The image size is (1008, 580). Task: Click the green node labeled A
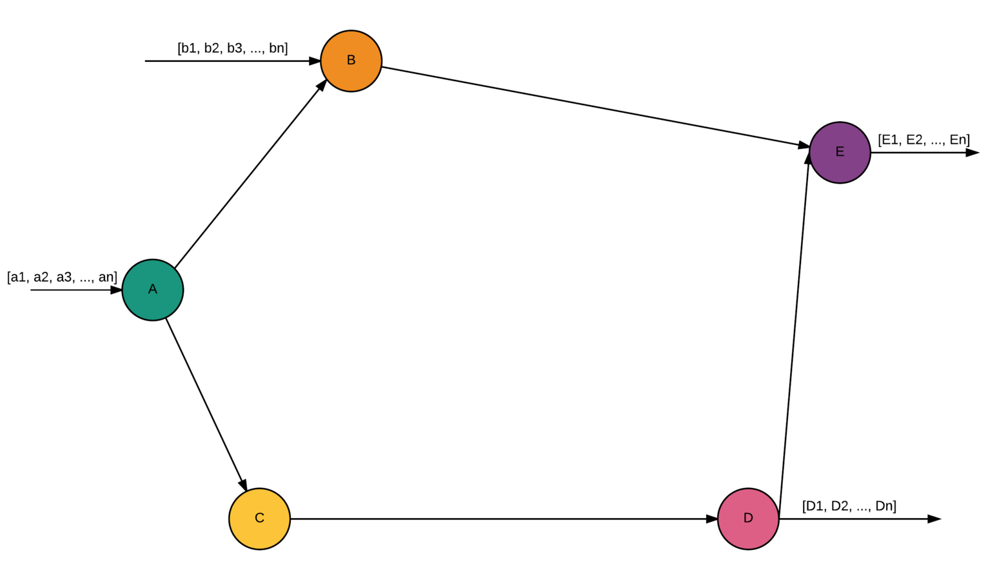pos(153,290)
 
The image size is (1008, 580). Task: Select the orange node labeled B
pos(351,61)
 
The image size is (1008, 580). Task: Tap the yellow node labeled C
pos(260,519)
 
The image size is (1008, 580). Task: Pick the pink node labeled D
pos(748,519)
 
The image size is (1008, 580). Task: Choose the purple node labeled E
pos(840,153)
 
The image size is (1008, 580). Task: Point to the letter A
pos(153,289)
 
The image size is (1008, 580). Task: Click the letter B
pos(351,60)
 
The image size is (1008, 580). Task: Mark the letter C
pos(260,517)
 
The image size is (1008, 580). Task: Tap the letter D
pos(748,517)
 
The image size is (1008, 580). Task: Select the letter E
pos(840,151)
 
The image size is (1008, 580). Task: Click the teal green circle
pos(153,290)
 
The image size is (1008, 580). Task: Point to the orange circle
pos(351,61)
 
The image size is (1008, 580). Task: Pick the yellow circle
pos(260,519)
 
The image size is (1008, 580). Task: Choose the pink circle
pos(748,519)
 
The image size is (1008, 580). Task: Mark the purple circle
pos(840,153)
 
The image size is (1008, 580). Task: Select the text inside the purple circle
pos(840,151)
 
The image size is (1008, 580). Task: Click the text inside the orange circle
pos(351,60)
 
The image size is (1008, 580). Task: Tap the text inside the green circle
pos(153,289)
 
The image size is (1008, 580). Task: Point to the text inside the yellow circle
pos(260,517)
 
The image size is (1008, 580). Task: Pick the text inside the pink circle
pos(748,517)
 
